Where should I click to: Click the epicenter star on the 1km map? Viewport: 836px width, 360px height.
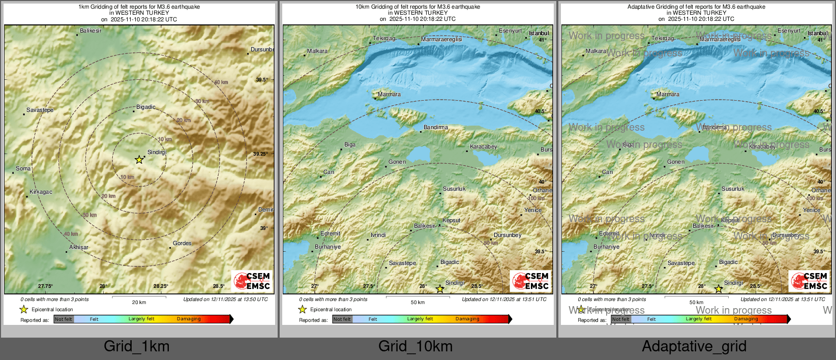point(139,160)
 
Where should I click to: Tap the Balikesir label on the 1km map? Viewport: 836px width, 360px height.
point(91,31)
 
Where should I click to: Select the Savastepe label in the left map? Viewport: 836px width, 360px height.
point(40,110)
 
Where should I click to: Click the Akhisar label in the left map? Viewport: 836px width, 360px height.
point(78,248)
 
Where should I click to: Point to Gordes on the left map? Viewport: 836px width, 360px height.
point(182,244)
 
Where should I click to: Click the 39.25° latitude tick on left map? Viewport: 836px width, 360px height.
point(260,154)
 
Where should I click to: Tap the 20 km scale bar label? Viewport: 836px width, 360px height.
point(139,302)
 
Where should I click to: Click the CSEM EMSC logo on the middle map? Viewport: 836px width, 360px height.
point(530,281)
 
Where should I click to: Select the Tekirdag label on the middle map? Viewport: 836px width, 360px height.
point(384,39)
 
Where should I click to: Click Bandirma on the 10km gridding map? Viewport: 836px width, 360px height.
point(436,128)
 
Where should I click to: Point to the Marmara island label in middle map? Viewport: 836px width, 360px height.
point(389,95)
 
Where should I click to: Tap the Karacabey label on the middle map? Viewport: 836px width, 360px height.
point(483,147)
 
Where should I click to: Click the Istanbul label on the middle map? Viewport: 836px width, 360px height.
point(539,34)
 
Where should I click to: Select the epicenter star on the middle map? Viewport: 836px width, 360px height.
point(440,289)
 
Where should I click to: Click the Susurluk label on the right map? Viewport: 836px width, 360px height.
point(733,189)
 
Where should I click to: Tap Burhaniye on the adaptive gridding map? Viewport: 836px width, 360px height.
point(606,247)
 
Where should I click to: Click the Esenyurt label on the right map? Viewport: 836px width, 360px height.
point(789,31)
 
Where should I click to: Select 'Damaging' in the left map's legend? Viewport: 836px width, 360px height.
point(189,319)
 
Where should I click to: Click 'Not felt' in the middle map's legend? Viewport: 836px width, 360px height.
point(342,319)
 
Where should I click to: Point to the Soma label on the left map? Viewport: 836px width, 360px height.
point(23,169)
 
